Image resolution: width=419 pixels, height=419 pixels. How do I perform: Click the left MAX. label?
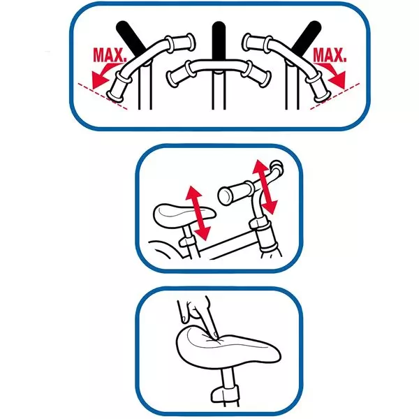click(x=110, y=55)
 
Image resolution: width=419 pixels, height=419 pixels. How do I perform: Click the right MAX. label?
click(x=329, y=55)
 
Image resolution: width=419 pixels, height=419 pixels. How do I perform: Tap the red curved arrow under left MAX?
click(x=103, y=75)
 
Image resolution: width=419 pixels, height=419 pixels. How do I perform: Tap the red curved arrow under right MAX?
click(x=334, y=75)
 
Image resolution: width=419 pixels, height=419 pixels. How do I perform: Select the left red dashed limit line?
click(x=103, y=96)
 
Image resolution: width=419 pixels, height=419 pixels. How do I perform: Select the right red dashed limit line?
click(x=335, y=96)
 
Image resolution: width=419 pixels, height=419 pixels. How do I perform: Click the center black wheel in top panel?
click(x=219, y=40)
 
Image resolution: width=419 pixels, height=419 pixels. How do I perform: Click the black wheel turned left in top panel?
click(x=131, y=38)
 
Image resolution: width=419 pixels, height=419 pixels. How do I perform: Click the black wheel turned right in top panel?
click(x=307, y=38)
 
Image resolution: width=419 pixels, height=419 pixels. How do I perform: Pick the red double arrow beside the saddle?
click(x=198, y=213)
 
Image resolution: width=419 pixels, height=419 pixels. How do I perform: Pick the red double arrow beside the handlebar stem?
click(x=265, y=186)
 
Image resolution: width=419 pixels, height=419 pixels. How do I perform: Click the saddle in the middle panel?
click(x=184, y=216)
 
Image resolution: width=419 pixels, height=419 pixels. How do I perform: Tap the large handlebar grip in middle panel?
click(x=235, y=193)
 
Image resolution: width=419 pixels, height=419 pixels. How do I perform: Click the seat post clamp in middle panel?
click(x=187, y=242)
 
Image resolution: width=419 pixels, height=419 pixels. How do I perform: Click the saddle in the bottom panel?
click(x=228, y=347)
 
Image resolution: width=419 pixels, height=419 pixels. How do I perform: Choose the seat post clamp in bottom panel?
click(x=224, y=394)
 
